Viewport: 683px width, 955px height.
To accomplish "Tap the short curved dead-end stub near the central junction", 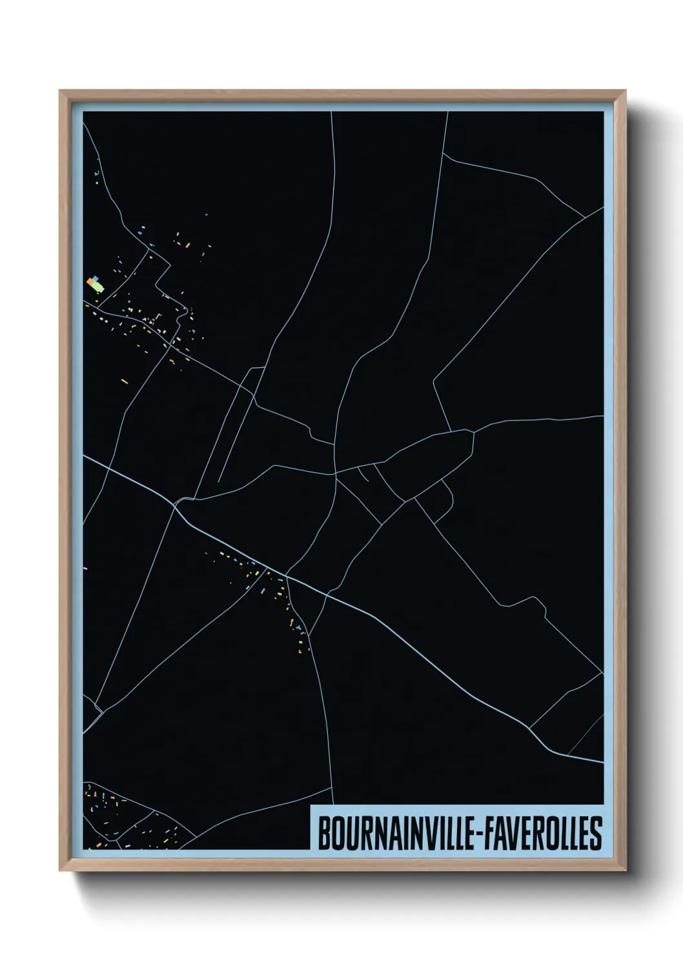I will coord(363,474).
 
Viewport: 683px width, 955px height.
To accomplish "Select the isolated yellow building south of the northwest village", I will coord(125,380).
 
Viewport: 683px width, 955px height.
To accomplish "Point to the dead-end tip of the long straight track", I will coord(219,481).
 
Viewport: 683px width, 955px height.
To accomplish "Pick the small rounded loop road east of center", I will coord(445,497).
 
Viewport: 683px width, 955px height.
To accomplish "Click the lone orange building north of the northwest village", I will coord(206,215).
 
